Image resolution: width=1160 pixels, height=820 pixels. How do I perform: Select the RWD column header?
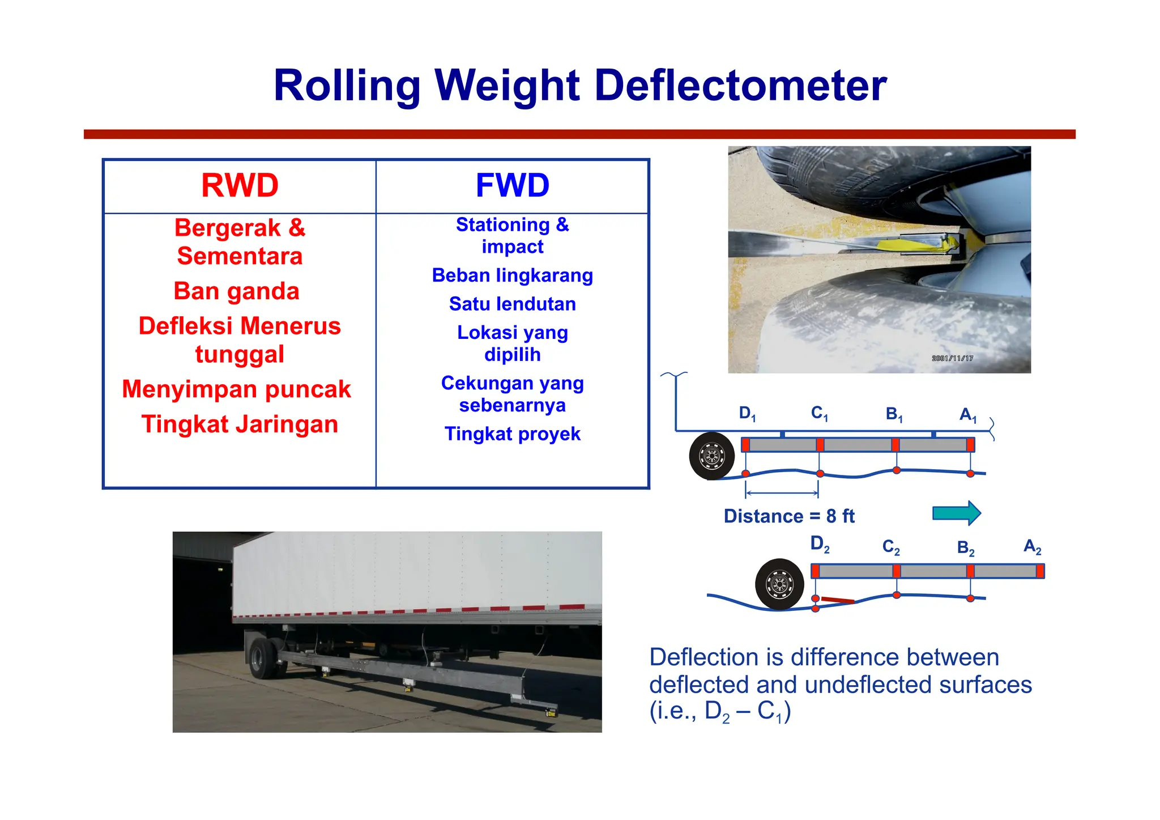click(240, 185)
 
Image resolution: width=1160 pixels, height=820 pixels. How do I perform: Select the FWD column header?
click(512, 185)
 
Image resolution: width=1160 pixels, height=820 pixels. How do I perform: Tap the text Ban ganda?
click(236, 291)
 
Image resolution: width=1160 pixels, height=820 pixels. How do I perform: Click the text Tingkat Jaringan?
click(240, 424)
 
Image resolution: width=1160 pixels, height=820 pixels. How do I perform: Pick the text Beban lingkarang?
click(512, 275)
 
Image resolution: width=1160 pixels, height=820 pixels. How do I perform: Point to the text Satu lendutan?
click(512, 304)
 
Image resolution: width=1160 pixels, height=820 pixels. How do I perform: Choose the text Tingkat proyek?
click(512, 434)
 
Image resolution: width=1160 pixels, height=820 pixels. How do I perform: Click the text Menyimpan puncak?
click(236, 389)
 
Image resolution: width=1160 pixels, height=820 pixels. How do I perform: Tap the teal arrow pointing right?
click(956, 513)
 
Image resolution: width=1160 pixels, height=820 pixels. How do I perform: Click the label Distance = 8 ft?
click(789, 516)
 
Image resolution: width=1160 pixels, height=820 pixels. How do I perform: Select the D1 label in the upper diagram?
click(747, 414)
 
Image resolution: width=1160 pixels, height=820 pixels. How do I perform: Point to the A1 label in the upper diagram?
click(968, 415)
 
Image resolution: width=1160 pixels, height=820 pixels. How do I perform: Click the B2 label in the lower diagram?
click(966, 548)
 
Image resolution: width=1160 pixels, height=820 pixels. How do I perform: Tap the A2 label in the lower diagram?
click(1032, 547)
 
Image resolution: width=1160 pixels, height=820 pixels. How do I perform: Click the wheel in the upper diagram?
click(712, 456)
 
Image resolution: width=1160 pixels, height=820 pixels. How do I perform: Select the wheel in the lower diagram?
click(779, 584)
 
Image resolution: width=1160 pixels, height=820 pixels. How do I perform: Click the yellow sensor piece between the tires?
click(912, 245)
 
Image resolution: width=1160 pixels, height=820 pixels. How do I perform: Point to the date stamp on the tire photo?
click(952, 359)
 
